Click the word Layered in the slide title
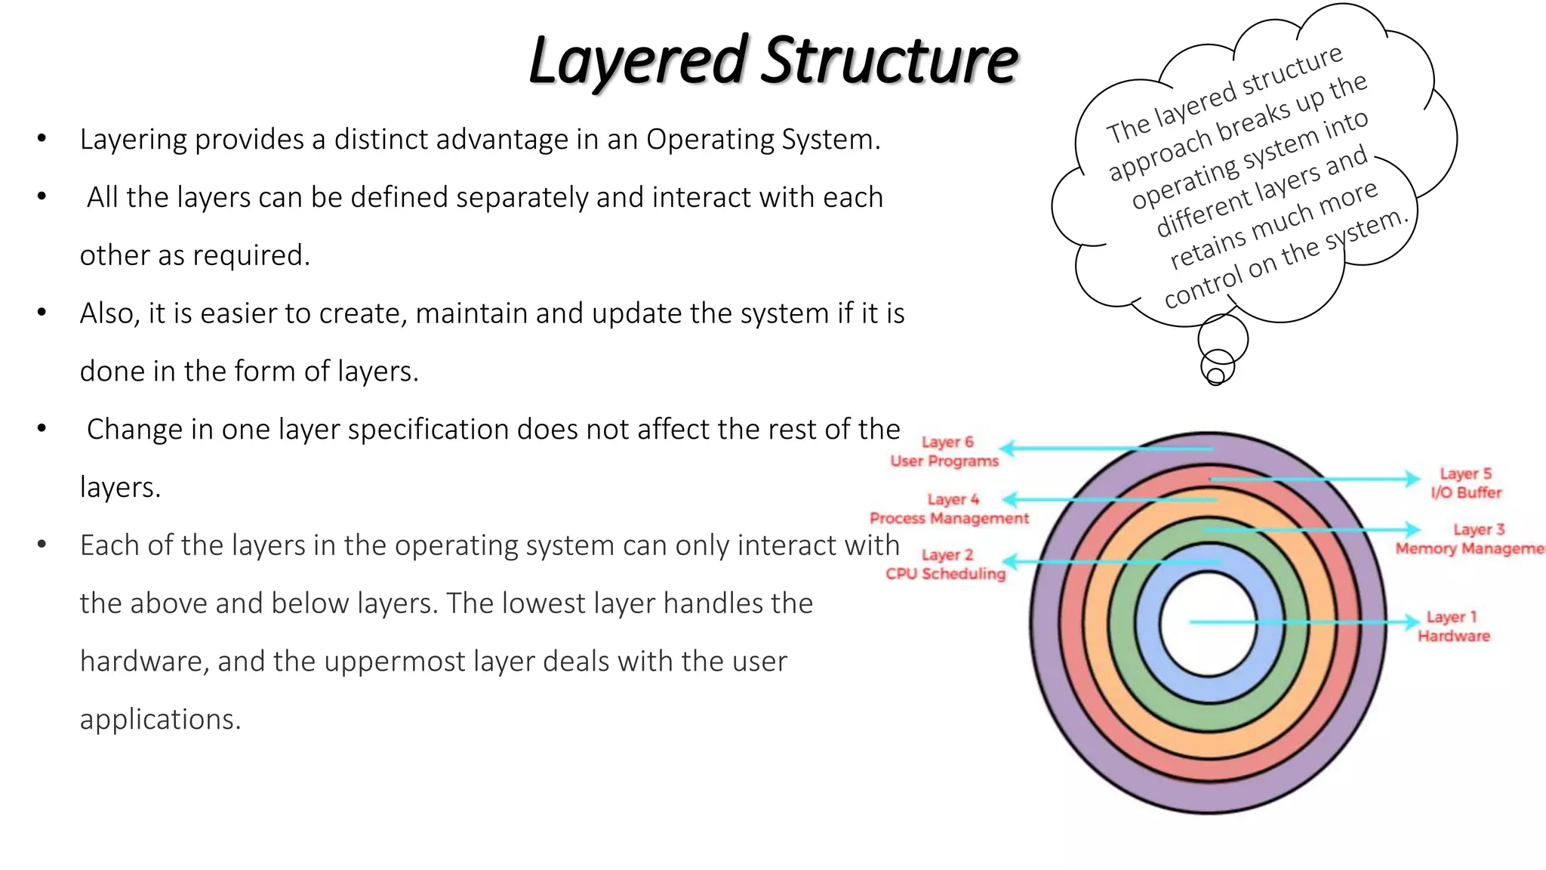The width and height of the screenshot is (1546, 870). click(x=638, y=60)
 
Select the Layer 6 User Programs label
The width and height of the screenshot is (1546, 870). click(x=945, y=452)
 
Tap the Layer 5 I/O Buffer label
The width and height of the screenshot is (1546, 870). click(x=1466, y=483)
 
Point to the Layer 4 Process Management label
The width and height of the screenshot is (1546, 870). click(x=950, y=509)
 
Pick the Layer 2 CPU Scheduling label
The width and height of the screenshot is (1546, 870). click(x=946, y=564)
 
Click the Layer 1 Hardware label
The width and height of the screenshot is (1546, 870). click(x=1454, y=627)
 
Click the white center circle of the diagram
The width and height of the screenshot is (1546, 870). click(x=1208, y=624)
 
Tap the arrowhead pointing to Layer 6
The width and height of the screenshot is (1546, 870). click(x=1007, y=449)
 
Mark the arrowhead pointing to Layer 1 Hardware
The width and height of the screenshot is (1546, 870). click(x=1412, y=622)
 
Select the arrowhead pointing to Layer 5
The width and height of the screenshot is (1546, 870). click(x=1412, y=479)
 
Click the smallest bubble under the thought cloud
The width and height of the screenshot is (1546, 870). click(x=1215, y=376)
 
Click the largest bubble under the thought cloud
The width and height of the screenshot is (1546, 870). click(x=1223, y=338)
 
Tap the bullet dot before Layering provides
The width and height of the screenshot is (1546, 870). click(x=42, y=138)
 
